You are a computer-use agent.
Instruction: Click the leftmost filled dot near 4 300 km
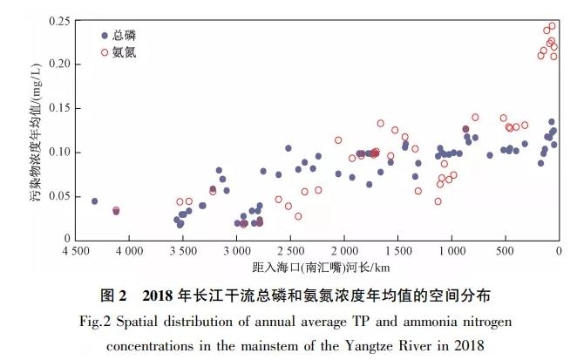tap(95, 201)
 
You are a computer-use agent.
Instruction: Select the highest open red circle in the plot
tap(552, 26)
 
